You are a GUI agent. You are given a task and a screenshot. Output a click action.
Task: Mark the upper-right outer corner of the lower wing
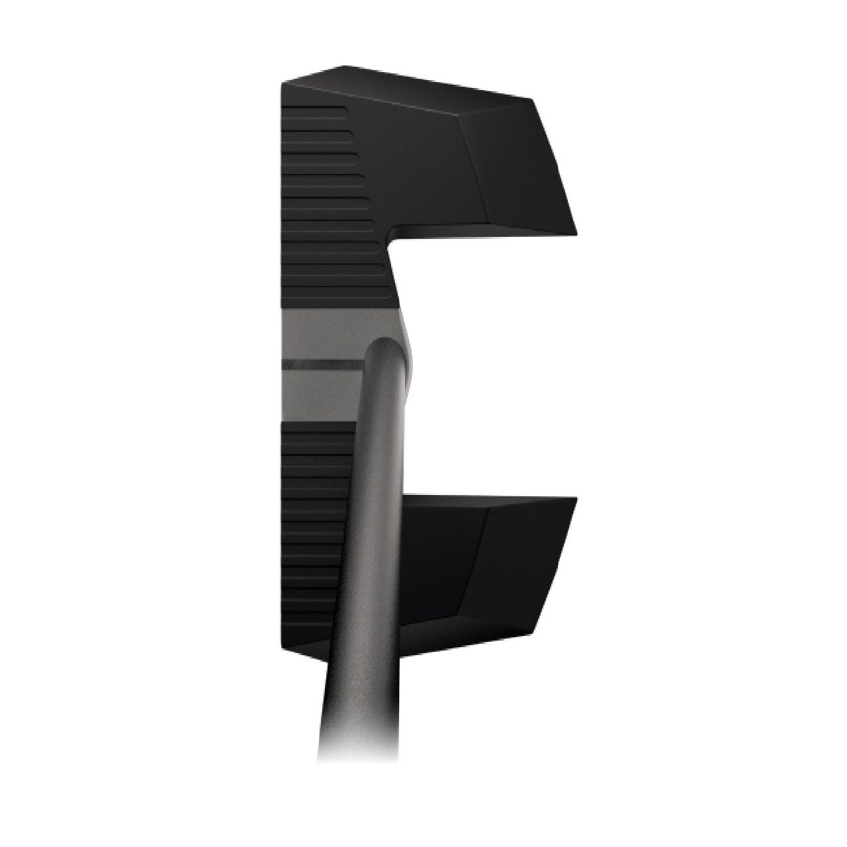(577, 498)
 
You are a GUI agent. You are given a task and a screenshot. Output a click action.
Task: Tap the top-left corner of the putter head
(283, 83)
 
